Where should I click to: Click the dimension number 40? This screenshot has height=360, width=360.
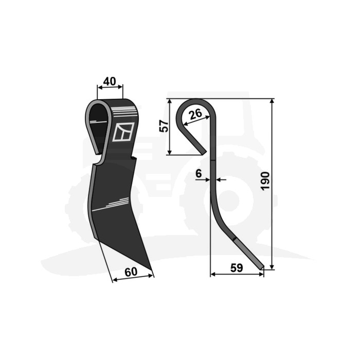(110, 81)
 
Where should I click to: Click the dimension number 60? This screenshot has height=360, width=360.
(131, 272)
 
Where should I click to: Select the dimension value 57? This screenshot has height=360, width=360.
(164, 126)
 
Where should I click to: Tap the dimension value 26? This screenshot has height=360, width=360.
(196, 114)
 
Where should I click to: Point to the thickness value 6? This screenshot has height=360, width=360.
(199, 173)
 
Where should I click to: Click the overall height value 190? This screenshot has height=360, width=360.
(265, 181)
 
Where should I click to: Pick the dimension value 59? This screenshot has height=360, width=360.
(237, 268)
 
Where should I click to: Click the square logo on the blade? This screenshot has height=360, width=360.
(123, 132)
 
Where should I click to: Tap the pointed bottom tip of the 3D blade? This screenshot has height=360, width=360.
(151, 270)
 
